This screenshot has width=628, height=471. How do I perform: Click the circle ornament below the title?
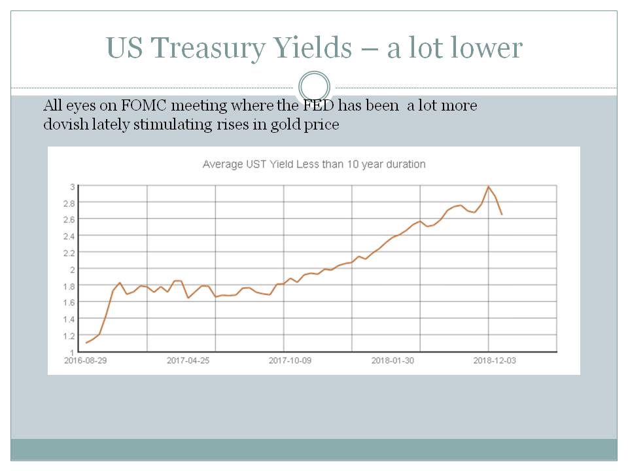[x=314, y=88]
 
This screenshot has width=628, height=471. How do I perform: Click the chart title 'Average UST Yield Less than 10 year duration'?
[x=314, y=164]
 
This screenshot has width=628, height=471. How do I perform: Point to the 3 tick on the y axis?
[x=72, y=186]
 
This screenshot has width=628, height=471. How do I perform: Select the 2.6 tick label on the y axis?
[x=69, y=219]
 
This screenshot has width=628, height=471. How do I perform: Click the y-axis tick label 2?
[x=72, y=269]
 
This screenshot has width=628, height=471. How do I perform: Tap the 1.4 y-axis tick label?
[x=69, y=319]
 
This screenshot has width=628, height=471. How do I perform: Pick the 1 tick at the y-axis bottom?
[x=72, y=352]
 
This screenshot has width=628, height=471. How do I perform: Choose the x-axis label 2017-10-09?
[x=290, y=360]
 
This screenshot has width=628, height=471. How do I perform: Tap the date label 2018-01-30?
[x=392, y=360]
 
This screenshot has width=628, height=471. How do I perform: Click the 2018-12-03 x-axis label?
[x=495, y=360]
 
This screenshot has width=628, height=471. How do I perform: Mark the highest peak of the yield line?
[x=488, y=186]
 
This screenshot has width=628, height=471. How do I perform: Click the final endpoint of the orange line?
[x=502, y=215]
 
